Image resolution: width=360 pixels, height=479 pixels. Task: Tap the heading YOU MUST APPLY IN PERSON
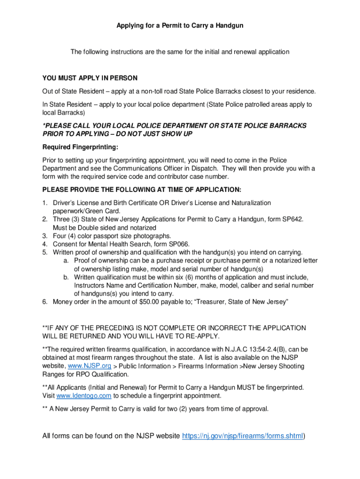tap(90, 78)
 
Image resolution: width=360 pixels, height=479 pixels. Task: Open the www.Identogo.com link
tap(84, 396)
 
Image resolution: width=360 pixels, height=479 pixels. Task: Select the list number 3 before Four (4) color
tap(44, 236)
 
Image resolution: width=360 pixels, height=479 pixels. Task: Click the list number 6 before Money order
tap(44, 302)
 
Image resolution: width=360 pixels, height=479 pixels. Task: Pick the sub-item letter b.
tap(66, 277)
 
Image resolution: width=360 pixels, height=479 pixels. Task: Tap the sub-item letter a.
tap(66, 261)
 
